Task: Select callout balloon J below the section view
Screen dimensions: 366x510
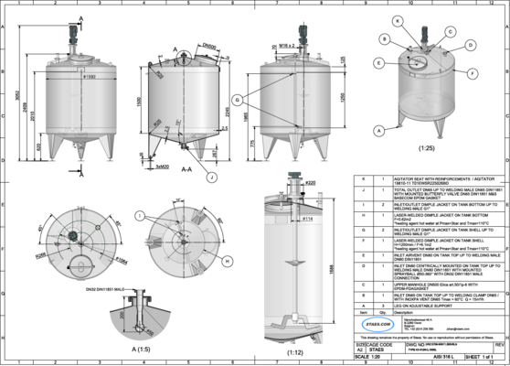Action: tap(211, 176)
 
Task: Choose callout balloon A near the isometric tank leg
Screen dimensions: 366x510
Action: tap(377, 131)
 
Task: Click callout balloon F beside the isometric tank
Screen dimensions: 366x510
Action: tap(471, 71)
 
